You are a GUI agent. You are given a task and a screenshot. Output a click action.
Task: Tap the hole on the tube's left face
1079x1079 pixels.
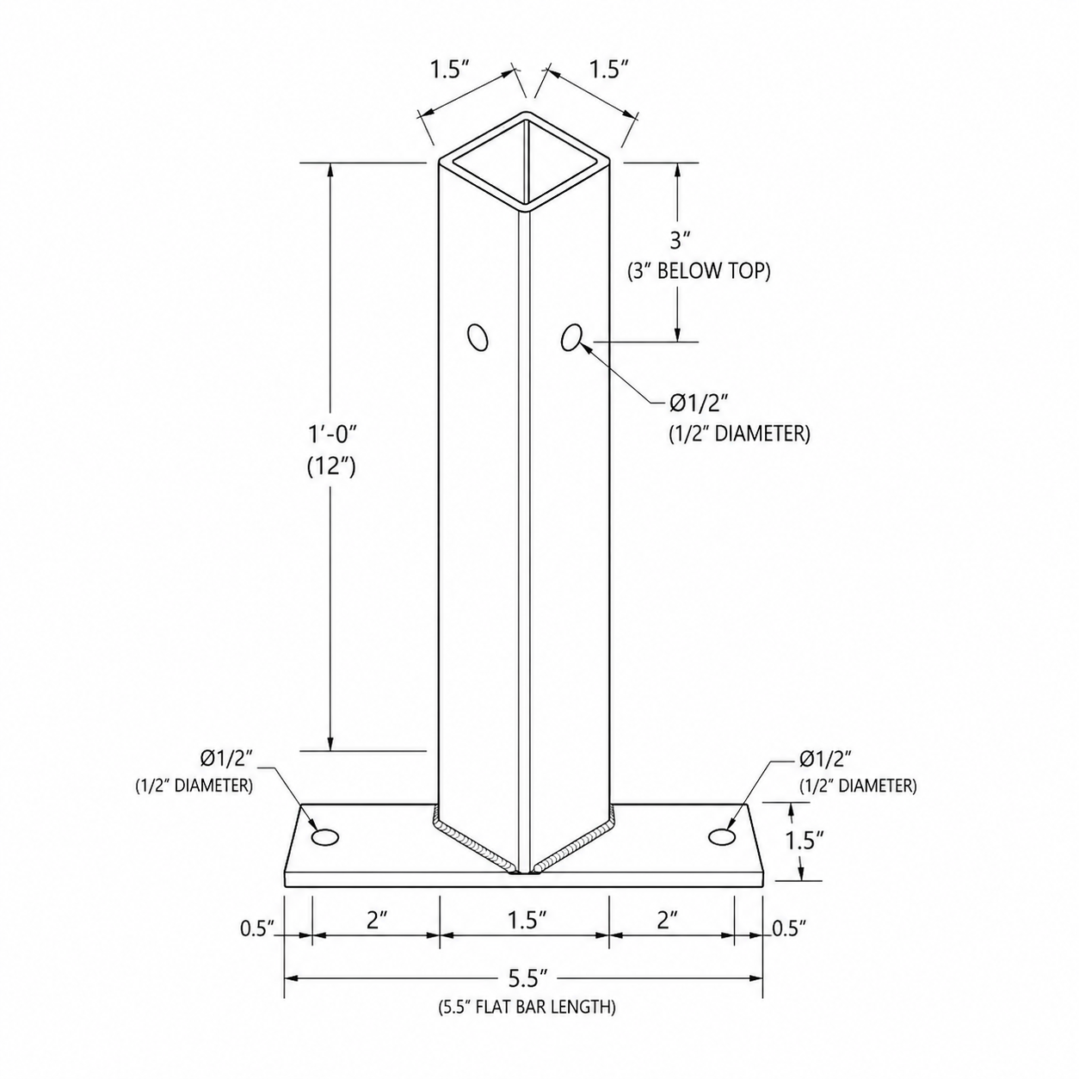478,337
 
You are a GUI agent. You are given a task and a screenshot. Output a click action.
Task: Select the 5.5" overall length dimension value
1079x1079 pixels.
525,978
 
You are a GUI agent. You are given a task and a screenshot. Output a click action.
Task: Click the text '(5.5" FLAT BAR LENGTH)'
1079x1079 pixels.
527,1008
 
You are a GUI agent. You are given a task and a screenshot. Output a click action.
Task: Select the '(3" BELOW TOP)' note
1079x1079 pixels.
698,271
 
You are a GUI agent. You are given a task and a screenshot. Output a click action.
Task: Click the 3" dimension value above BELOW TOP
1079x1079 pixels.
679,240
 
